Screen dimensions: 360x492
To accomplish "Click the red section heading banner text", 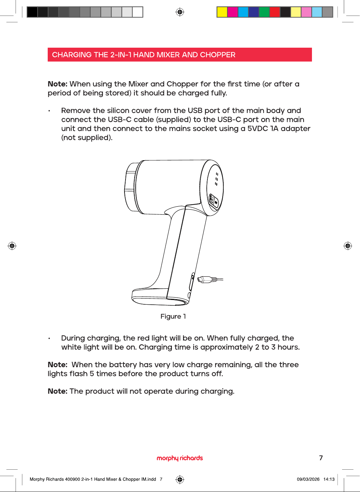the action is [x=143, y=55].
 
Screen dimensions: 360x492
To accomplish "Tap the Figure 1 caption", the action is [x=173, y=316].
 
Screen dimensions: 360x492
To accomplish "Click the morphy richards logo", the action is [x=180, y=458].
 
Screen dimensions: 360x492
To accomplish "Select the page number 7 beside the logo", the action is [x=321, y=458].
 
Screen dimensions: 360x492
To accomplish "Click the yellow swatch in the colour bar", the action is [x=222, y=12].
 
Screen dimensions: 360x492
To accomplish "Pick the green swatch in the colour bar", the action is [x=264, y=12].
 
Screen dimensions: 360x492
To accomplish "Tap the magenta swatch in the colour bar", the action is [x=232, y=12].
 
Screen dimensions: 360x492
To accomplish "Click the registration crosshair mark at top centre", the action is [x=180, y=12].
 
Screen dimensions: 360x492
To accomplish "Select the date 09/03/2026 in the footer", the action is [x=308, y=479].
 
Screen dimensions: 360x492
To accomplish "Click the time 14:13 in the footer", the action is [x=329, y=479].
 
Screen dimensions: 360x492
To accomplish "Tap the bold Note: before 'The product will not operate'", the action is [x=58, y=391].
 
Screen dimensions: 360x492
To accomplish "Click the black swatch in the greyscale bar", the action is [x=32, y=12].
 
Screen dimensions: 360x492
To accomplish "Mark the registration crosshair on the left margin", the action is [x=12, y=246].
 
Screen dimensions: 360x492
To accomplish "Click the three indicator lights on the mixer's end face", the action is [x=217, y=179].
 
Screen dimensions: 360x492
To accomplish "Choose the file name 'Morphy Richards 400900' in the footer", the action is [x=55, y=479].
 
